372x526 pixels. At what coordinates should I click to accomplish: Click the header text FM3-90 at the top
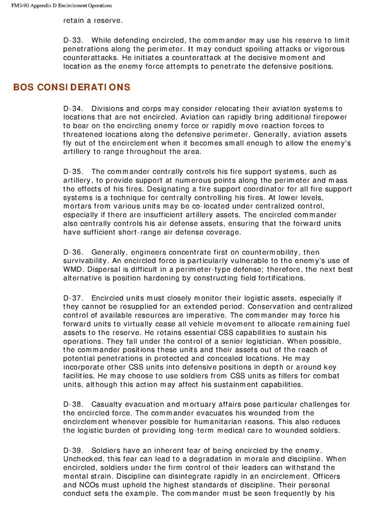(22, 5)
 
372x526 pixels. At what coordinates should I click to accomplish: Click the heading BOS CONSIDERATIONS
(71, 87)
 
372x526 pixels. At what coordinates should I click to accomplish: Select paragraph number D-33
(72, 40)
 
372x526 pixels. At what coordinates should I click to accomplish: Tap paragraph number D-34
(72, 109)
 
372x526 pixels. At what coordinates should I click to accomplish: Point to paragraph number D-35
(72, 172)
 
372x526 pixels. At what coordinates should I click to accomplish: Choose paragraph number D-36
(72, 252)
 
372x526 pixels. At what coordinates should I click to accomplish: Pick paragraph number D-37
(72, 298)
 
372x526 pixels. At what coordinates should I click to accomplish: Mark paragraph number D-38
(72, 405)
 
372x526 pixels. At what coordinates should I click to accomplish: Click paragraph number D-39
(72, 450)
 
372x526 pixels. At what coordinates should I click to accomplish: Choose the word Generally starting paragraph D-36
(110, 252)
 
